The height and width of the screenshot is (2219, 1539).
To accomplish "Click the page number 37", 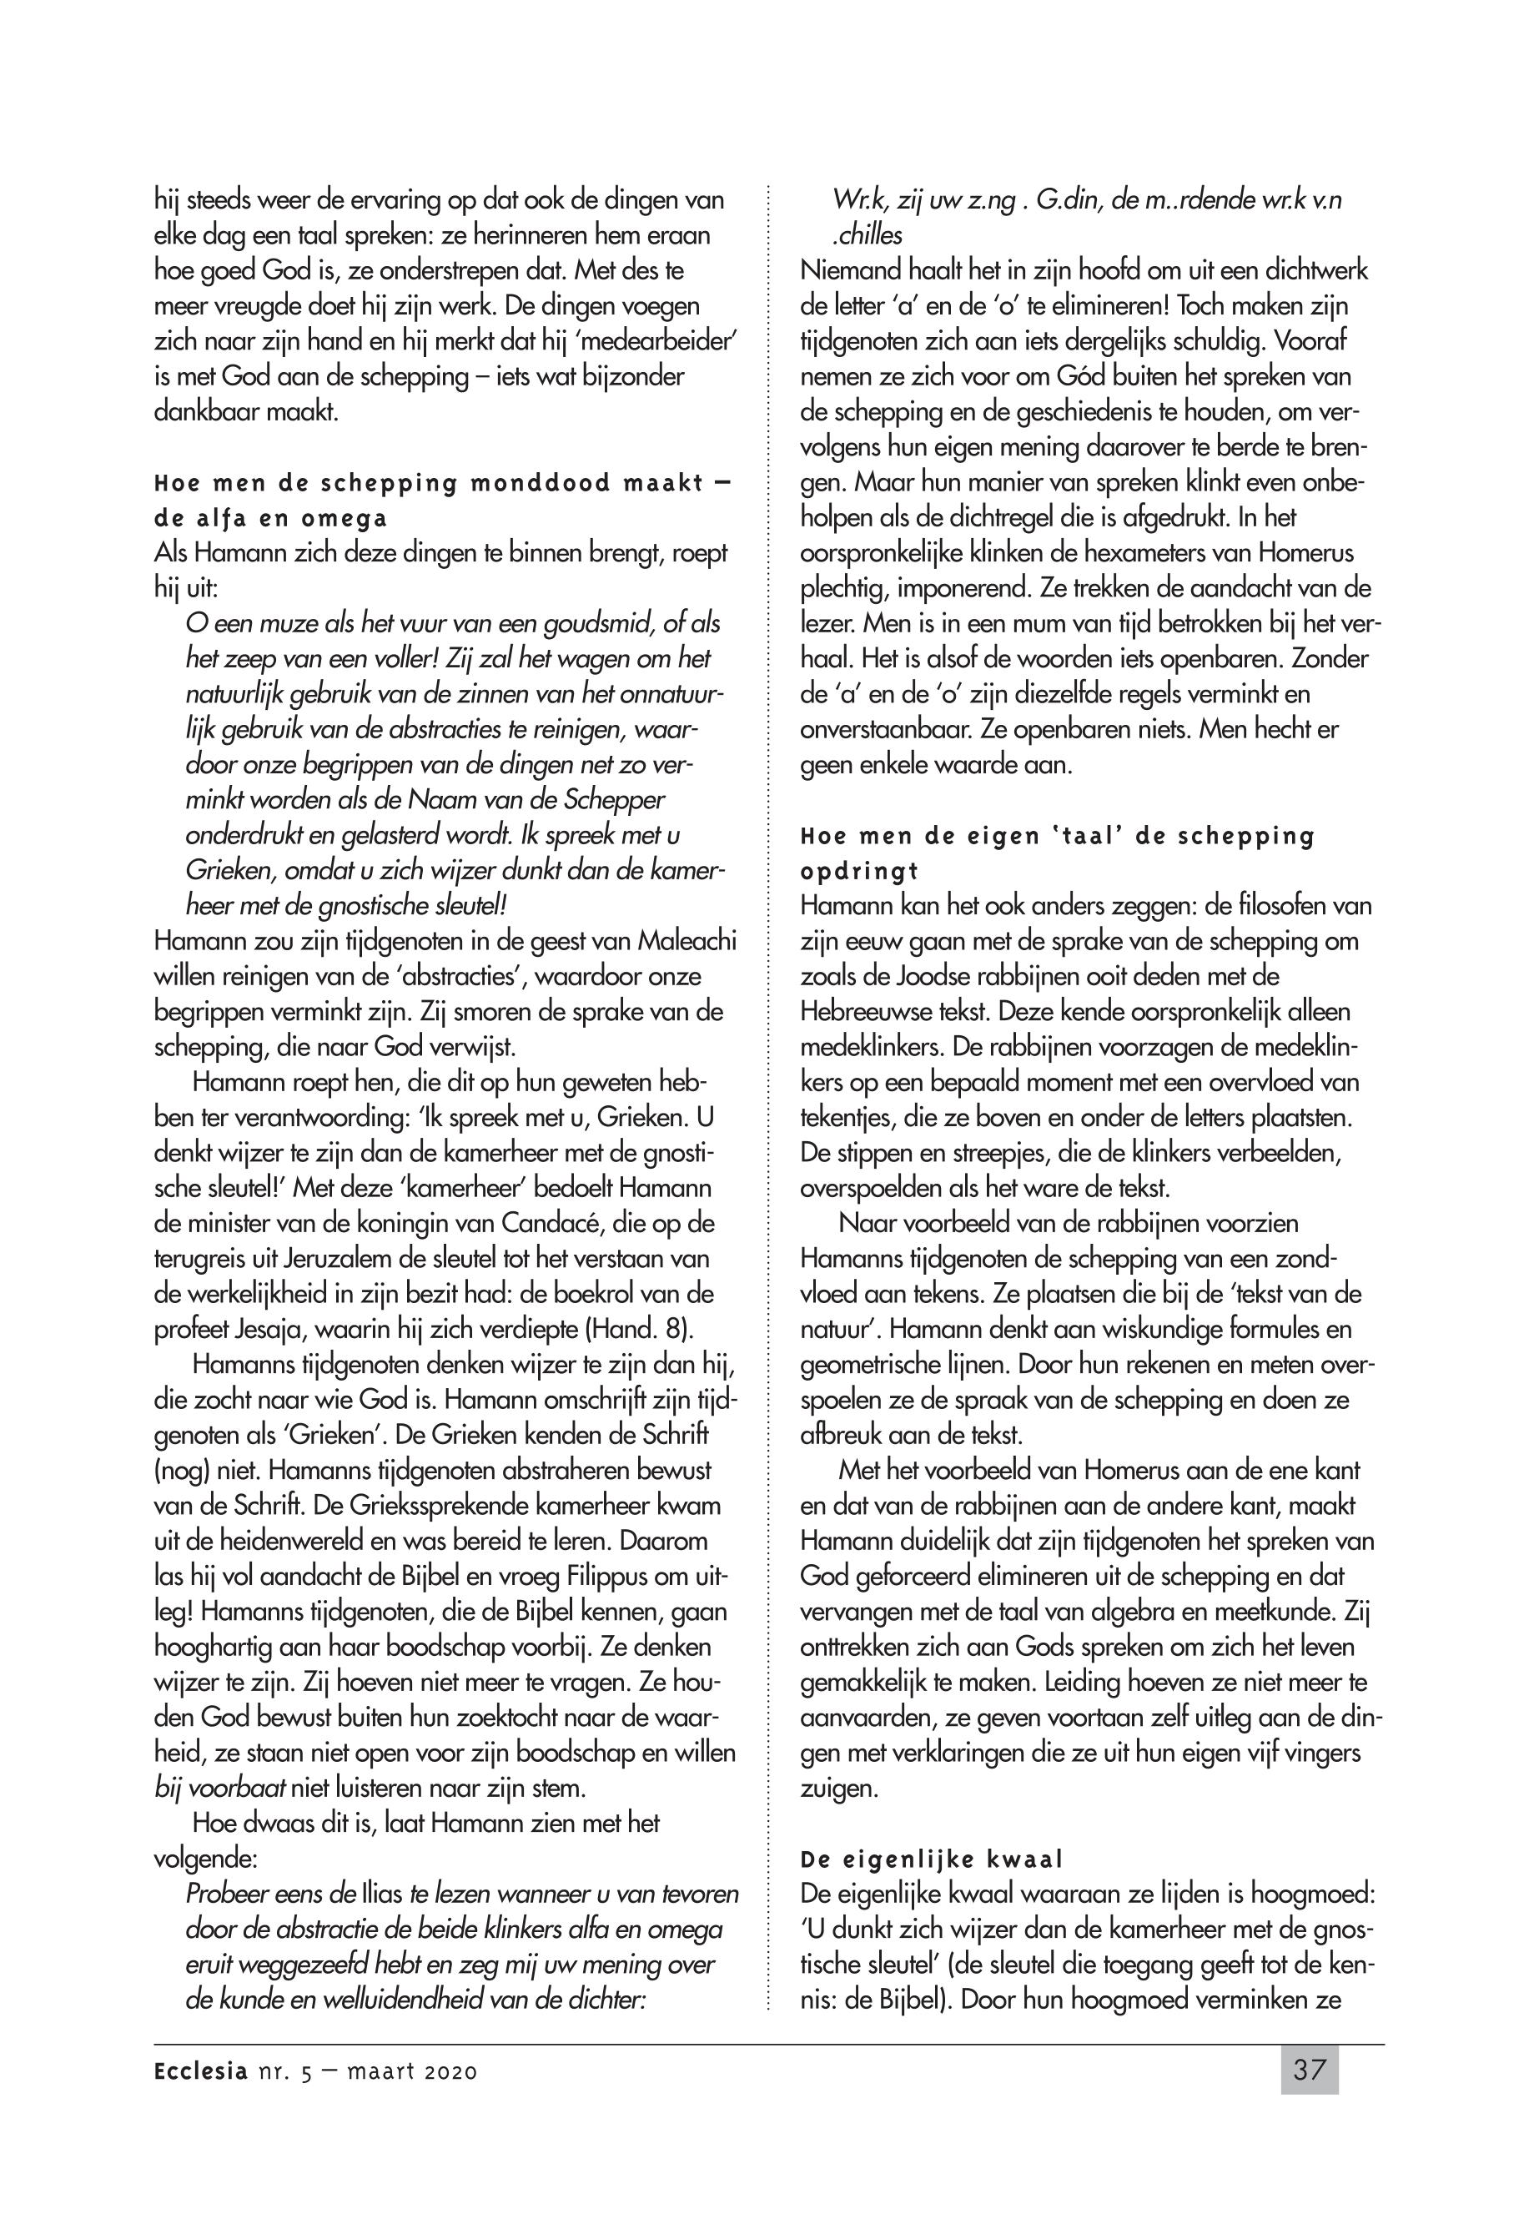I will [x=1309, y=2070].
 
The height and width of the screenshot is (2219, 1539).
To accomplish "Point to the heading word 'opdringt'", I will [x=860, y=871].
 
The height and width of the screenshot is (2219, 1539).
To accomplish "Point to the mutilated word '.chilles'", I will [x=868, y=235].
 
